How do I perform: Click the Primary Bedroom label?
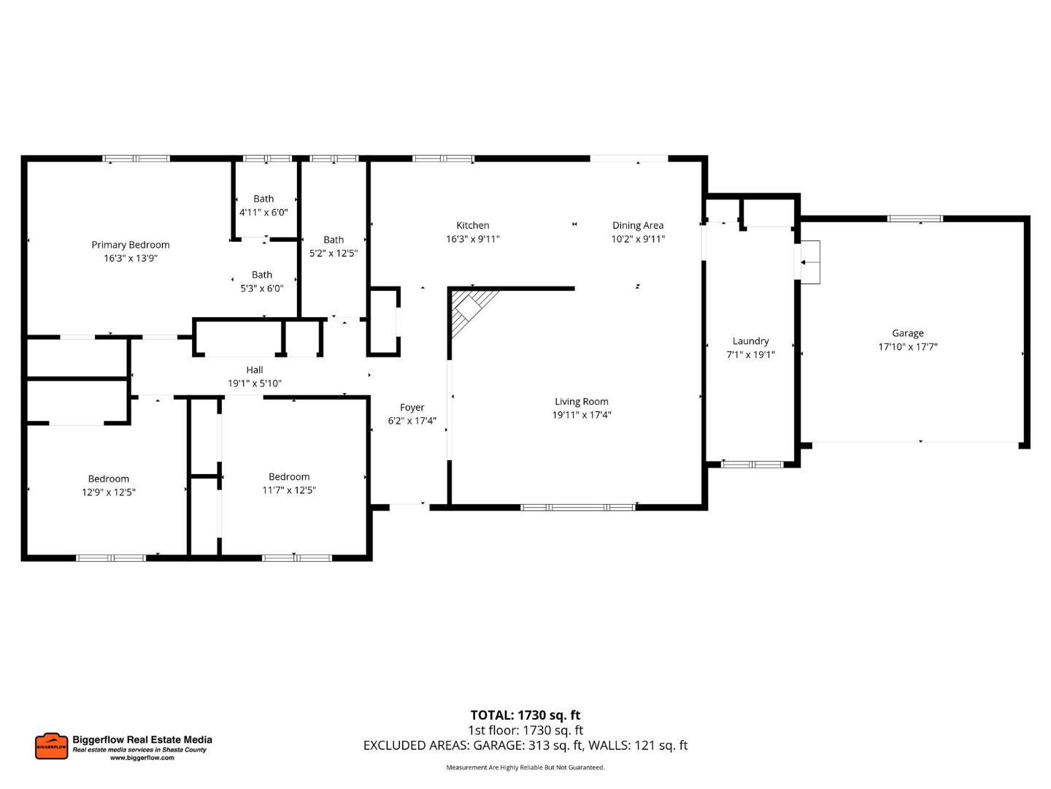pyautogui.click(x=131, y=245)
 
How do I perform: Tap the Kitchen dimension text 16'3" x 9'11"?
pyautogui.click(x=473, y=239)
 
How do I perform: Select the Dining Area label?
pyautogui.click(x=638, y=226)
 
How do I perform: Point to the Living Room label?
pyautogui.click(x=582, y=402)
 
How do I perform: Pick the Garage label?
pyautogui.click(x=908, y=333)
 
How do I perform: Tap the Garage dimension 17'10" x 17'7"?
pyautogui.click(x=908, y=347)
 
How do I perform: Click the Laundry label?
pyautogui.click(x=750, y=341)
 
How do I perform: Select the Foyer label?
pyautogui.click(x=412, y=408)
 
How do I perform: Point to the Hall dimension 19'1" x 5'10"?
pyautogui.click(x=255, y=384)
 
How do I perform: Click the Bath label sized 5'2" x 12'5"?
pyautogui.click(x=334, y=240)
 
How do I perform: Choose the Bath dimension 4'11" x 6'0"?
pyautogui.click(x=263, y=213)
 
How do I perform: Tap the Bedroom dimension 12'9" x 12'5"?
pyautogui.click(x=109, y=492)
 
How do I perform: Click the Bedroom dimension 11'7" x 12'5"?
pyautogui.click(x=289, y=490)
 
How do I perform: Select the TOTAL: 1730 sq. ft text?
pyautogui.click(x=525, y=715)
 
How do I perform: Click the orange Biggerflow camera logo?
pyautogui.click(x=51, y=746)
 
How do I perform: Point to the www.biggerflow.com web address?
pyautogui.click(x=142, y=758)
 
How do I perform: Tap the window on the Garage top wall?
pyautogui.click(x=915, y=218)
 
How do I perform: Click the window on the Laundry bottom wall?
pyautogui.click(x=752, y=464)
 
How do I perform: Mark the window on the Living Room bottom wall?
pyautogui.click(x=577, y=507)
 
